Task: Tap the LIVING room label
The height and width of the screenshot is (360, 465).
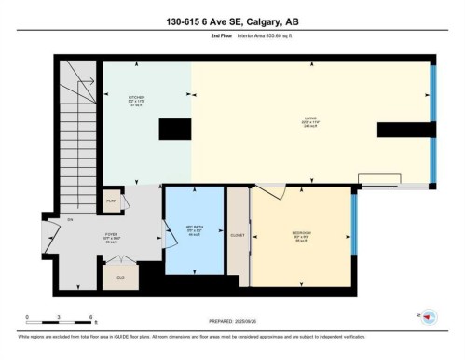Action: tap(308, 118)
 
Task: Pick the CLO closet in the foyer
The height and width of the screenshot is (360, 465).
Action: tap(120, 276)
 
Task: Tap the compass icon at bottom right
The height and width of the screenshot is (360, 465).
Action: tap(430, 316)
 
